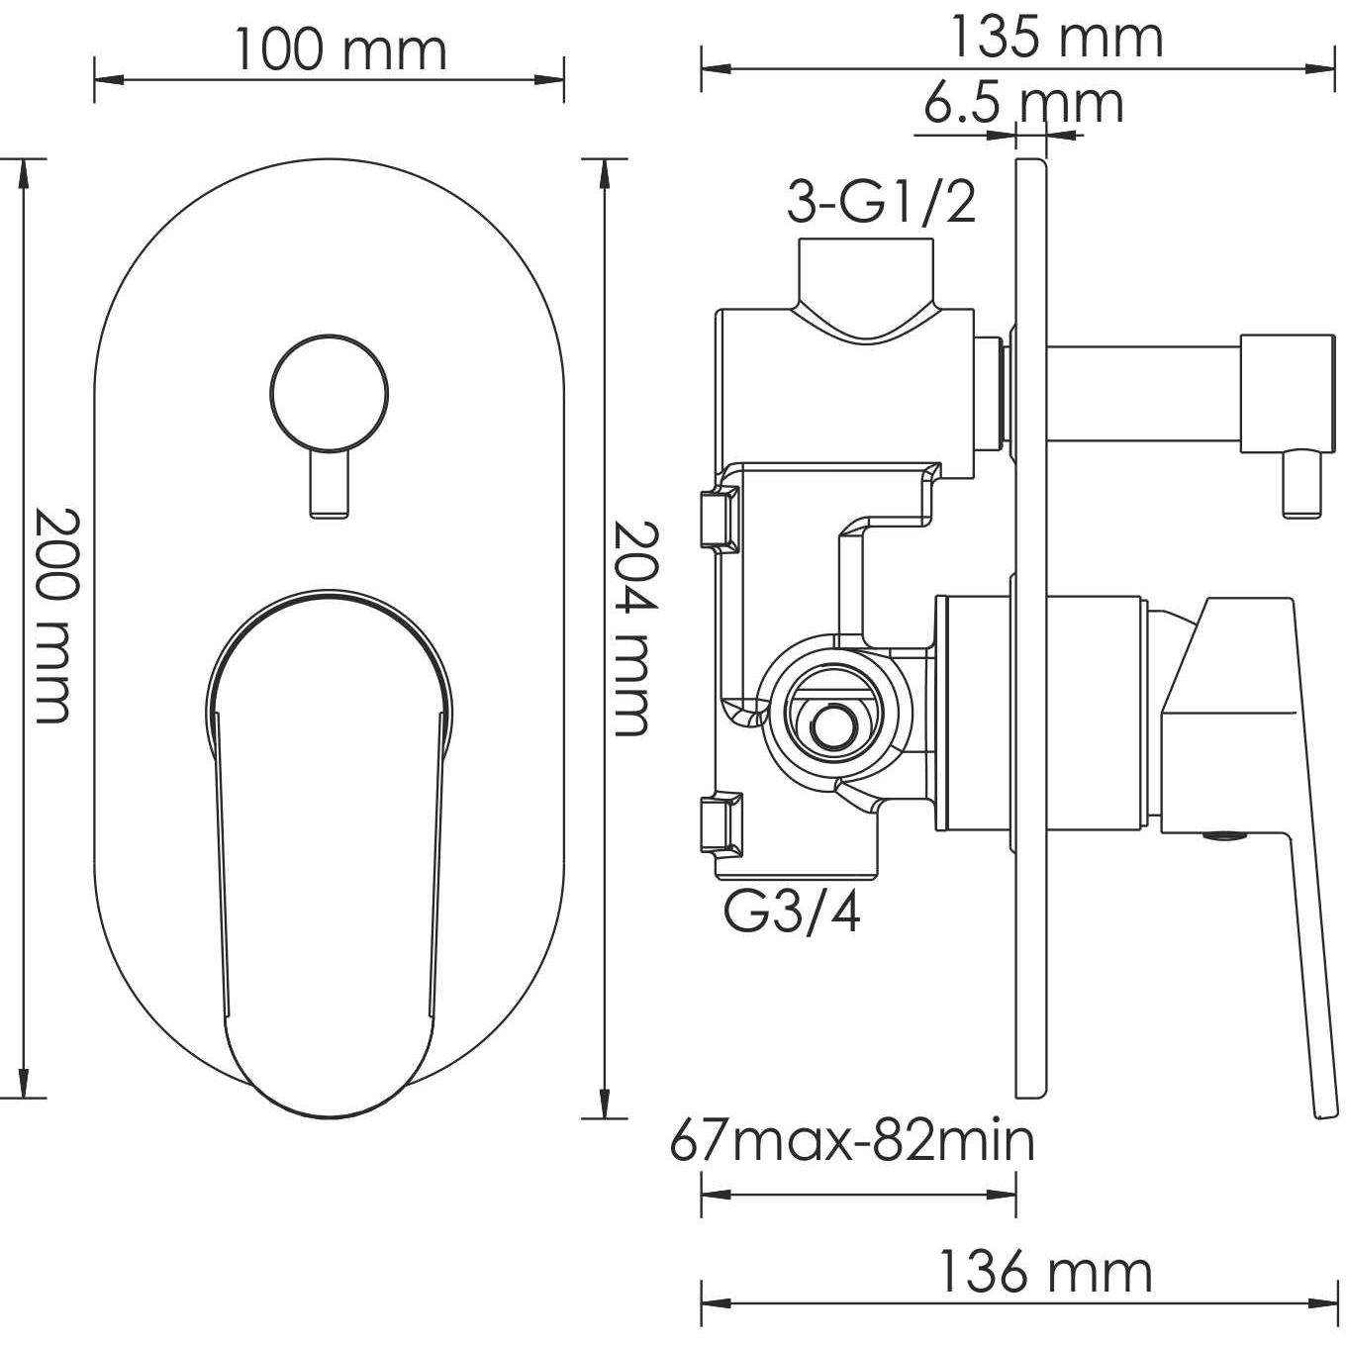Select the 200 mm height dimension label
(x=51, y=615)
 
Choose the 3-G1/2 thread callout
(x=881, y=203)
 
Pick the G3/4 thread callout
(x=792, y=913)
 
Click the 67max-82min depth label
(x=852, y=1140)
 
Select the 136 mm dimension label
(x=1045, y=1272)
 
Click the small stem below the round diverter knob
(x=329, y=485)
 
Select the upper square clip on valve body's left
(x=718, y=518)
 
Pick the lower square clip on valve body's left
(x=718, y=820)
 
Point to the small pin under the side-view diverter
(x=1302, y=485)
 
